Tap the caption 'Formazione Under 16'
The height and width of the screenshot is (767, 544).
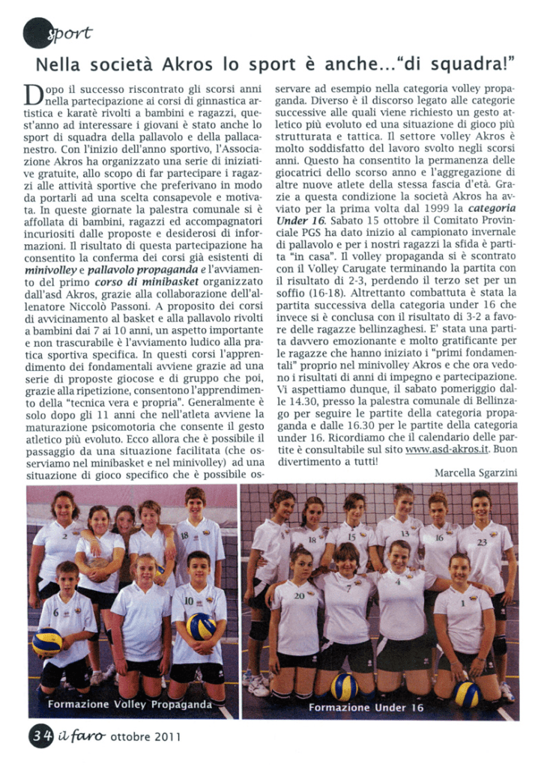click(x=366, y=707)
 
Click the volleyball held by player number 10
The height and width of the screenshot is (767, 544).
click(x=200, y=625)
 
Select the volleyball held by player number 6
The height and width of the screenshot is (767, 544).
click(x=47, y=642)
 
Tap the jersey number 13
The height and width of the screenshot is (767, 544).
click(x=405, y=533)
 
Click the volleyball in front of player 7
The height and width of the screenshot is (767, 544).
click(x=345, y=685)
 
